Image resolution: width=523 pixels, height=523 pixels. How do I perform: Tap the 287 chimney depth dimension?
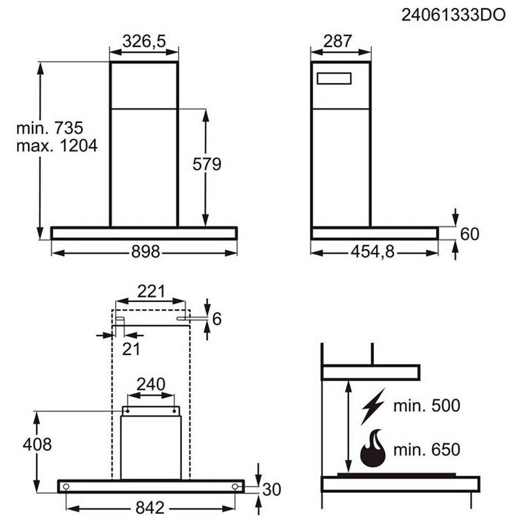point(338,41)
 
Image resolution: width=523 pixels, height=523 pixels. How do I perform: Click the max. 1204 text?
point(57,145)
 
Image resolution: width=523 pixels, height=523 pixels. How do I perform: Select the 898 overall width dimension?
point(145,252)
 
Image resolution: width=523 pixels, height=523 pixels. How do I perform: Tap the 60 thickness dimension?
point(470,233)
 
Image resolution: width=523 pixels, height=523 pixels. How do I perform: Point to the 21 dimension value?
point(131,348)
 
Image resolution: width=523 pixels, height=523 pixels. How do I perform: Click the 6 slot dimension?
point(218,319)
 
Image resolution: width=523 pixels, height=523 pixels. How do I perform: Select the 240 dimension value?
point(150,384)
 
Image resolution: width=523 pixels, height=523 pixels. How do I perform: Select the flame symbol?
point(372,450)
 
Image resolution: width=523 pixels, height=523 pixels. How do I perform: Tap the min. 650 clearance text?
point(427,450)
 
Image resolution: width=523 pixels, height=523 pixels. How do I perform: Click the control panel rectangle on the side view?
point(334,79)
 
